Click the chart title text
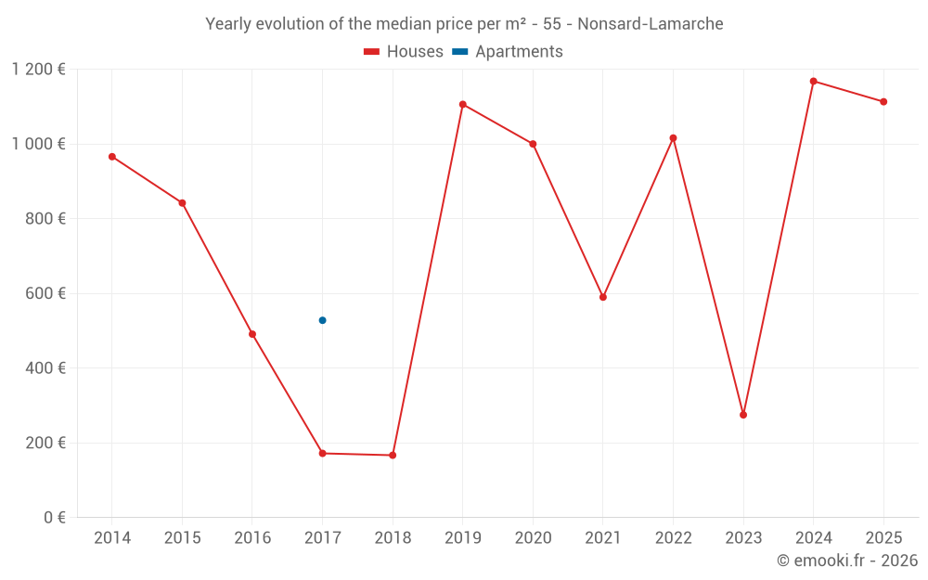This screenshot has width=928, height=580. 464,24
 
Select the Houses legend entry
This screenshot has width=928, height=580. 404,52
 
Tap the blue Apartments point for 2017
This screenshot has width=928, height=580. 322,320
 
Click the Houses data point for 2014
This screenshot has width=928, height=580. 112,157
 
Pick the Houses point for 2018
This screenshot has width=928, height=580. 393,455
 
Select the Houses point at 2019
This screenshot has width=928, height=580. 462,104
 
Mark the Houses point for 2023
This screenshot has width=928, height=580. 743,415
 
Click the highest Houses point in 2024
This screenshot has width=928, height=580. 813,82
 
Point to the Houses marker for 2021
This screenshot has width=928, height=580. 603,297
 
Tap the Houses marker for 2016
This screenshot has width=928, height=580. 252,334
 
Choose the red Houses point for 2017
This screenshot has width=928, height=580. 322,453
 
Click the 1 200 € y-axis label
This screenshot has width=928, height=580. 38,70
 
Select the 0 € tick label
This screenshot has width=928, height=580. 54,518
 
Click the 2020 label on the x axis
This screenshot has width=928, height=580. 533,538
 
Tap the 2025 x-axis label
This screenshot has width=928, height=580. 883,538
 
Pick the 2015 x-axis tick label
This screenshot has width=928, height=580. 182,538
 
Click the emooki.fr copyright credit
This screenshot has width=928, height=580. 846,561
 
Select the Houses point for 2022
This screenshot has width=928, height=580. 673,138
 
